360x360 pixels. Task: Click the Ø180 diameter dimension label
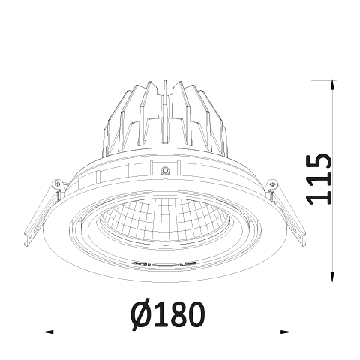[168, 314]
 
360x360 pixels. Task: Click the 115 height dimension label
[319, 179]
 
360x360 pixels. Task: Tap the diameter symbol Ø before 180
[141, 314]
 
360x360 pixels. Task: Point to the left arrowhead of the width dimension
[49, 332]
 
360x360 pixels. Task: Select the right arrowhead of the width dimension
[285, 332]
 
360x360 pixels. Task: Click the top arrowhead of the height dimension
[332, 85]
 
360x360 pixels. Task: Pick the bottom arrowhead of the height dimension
[332, 276]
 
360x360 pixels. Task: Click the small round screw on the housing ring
[165, 171]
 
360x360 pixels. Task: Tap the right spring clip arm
[286, 212]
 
